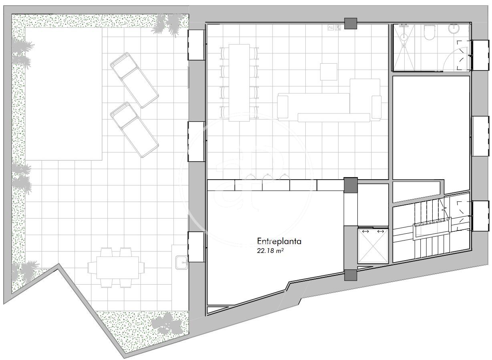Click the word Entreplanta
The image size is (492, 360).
click(279, 241)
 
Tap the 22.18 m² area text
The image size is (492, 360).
click(270, 251)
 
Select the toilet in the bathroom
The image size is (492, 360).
click(429, 33)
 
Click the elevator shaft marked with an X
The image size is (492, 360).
click(373, 246)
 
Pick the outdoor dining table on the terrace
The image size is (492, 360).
click(117, 267)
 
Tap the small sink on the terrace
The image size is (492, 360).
click(181, 263)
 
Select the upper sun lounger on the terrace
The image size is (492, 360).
click(135, 80)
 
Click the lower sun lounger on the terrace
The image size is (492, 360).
click(135, 130)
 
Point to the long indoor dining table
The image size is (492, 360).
click(239, 83)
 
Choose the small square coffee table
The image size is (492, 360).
click(329, 72)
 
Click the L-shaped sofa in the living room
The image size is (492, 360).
click(329, 103)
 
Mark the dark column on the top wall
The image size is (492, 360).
click(351, 24)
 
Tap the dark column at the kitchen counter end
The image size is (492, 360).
click(351, 185)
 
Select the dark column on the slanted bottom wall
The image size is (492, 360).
click(351, 275)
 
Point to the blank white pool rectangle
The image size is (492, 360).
click(64, 94)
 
